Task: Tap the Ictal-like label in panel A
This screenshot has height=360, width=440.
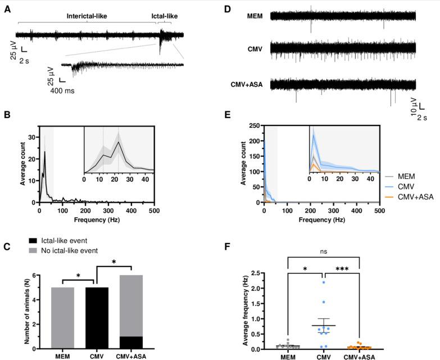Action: point(165,17)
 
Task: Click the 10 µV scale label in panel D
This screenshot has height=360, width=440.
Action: point(414,105)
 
